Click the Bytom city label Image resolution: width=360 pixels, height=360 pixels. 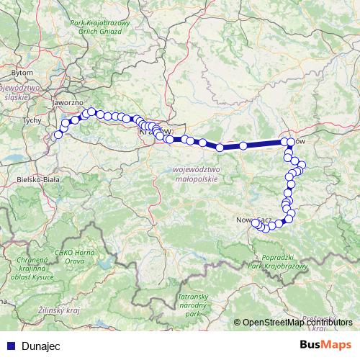pos(24,73)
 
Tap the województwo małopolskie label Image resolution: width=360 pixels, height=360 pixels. pos(195,174)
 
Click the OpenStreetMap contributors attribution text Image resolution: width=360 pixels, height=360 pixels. pos(297,323)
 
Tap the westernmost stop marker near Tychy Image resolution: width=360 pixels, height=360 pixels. pos(58,135)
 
